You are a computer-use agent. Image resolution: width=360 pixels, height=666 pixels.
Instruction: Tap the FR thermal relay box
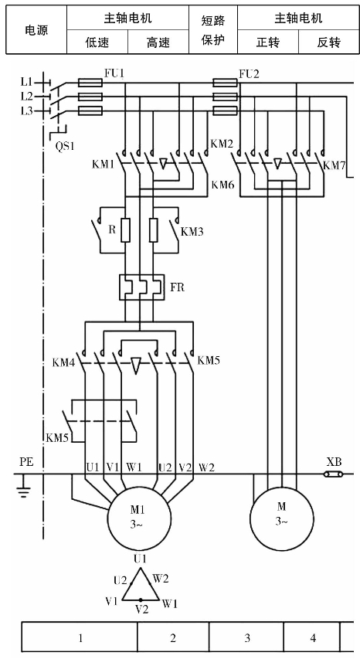pyautogui.click(x=142, y=287)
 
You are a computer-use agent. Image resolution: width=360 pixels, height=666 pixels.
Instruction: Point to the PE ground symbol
pyautogui.click(x=23, y=487)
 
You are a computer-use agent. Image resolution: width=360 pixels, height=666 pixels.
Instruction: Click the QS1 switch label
pyautogui.click(x=65, y=147)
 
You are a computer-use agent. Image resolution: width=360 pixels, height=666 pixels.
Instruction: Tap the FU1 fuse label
pyautogui.click(x=114, y=73)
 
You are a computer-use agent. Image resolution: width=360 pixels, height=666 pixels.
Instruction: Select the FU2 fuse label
pyautogui.click(x=249, y=74)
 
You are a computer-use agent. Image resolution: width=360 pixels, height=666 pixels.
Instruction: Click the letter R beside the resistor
pyautogui.click(x=112, y=229)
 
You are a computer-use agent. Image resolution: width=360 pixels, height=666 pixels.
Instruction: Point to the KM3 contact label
pyautogui.click(x=192, y=232)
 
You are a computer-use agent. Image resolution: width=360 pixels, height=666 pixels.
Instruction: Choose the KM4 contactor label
pyautogui.click(x=64, y=363)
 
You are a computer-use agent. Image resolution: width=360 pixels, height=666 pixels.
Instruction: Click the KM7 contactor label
pyautogui.click(x=335, y=165)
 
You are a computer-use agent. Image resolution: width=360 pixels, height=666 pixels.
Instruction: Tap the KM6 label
pyautogui.click(x=223, y=185)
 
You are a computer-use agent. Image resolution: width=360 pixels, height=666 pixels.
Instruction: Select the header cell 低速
pyautogui.click(x=97, y=42)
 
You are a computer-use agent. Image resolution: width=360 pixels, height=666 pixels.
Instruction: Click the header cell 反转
pyautogui.click(x=328, y=42)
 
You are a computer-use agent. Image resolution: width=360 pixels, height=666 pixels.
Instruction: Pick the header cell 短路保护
pyautogui.click(x=213, y=29)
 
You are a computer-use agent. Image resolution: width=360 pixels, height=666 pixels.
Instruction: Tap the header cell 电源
pyautogui.click(x=36, y=29)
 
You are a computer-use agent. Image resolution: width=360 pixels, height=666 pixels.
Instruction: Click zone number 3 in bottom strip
pyautogui.click(x=247, y=637)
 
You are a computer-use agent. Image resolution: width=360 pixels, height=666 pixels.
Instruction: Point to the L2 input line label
pyautogui.click(x=26, y=97)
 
